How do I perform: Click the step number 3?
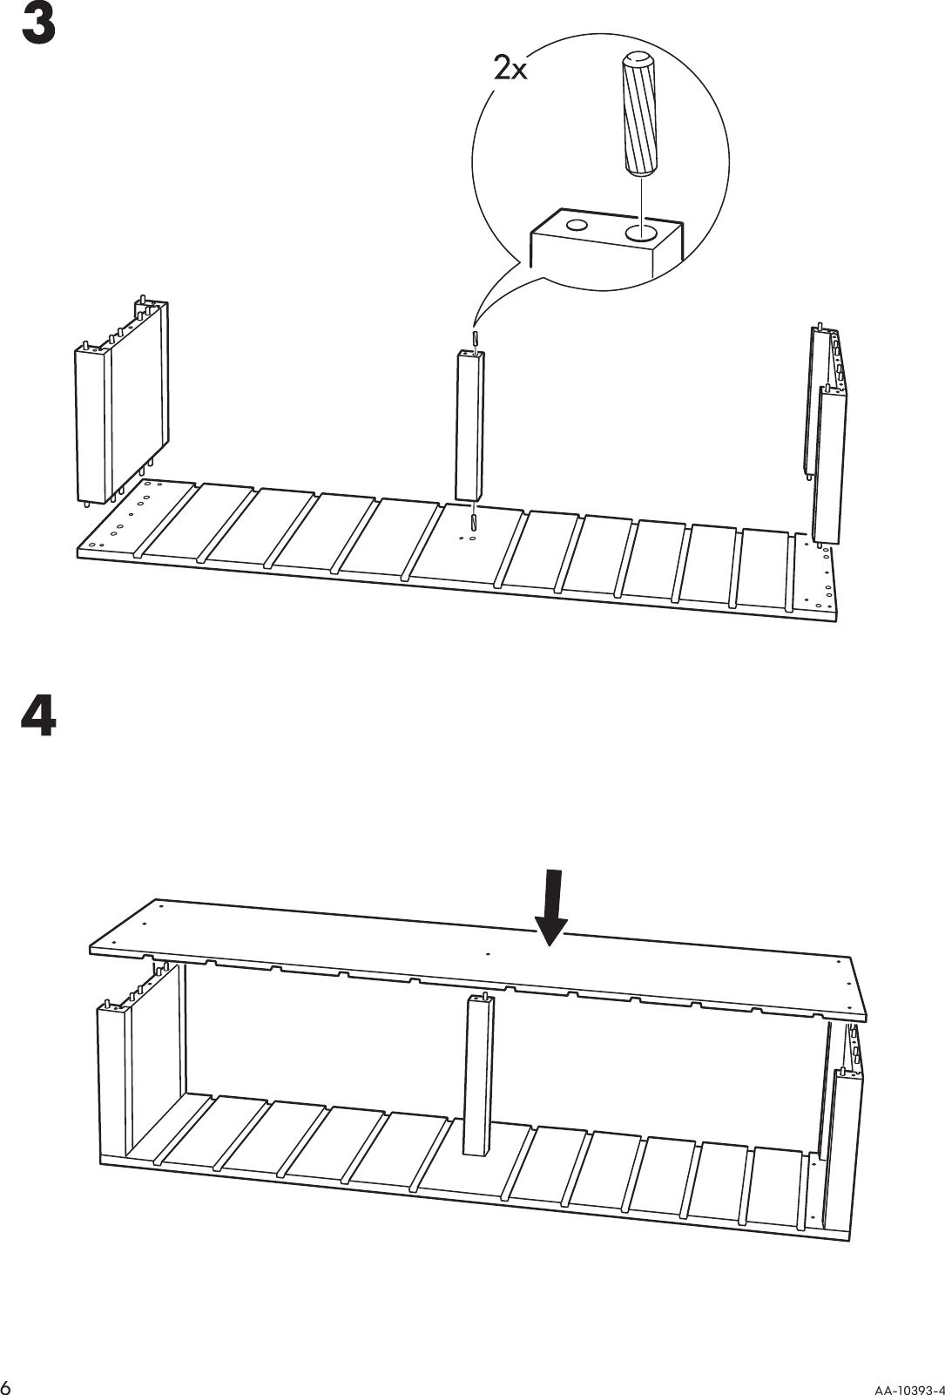[38, 26]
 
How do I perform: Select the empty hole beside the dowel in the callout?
[576, 226]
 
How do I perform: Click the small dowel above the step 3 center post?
[475, 337]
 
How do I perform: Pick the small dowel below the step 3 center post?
[473, 521]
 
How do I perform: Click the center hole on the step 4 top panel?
[488, 953]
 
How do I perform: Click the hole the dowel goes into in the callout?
[641, 232]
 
